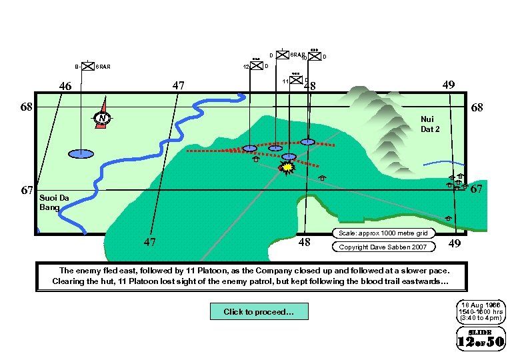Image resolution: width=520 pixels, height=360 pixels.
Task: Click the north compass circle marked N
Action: pos(101,119)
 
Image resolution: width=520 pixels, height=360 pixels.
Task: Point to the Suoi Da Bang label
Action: pos(54,202)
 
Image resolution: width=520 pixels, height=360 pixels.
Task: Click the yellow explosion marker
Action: pos(287,168)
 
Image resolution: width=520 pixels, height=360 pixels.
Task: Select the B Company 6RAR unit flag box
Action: pos(87,66)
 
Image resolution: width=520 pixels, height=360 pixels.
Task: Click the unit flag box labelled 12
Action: pos(256,66)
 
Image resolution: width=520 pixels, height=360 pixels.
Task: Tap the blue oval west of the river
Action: pos(81,154)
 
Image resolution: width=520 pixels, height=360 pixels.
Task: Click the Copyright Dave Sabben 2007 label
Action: pos(383,247)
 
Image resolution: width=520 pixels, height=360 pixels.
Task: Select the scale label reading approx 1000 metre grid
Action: pos(383,233)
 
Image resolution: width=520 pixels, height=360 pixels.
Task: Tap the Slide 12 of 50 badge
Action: pos(480,339)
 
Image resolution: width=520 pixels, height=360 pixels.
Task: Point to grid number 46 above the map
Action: pos(65,86)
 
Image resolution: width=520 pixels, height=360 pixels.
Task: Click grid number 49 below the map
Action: pos(454,244)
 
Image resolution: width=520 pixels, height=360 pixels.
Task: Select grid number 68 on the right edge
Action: pos(477,107)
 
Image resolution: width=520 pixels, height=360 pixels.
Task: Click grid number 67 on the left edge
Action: pos(28,190)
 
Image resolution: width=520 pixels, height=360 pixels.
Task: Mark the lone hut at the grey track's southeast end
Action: pos(448,218)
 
